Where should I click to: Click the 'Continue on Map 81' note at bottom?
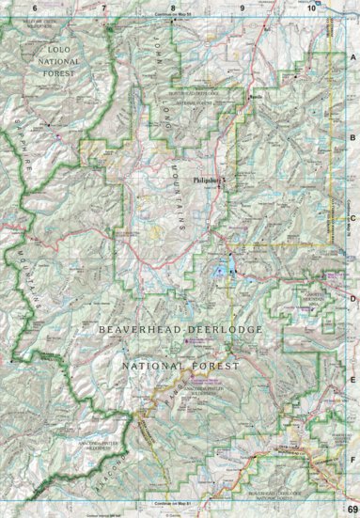click(x=173, y=506)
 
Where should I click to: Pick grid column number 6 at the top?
click(x=36, y=8)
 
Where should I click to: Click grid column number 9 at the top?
click(x=243, y=8)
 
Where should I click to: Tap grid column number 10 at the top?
click(x=311, y=8)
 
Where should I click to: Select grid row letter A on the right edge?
click(x=352, y=56)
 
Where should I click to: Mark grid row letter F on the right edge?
click(x=352, y=462)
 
